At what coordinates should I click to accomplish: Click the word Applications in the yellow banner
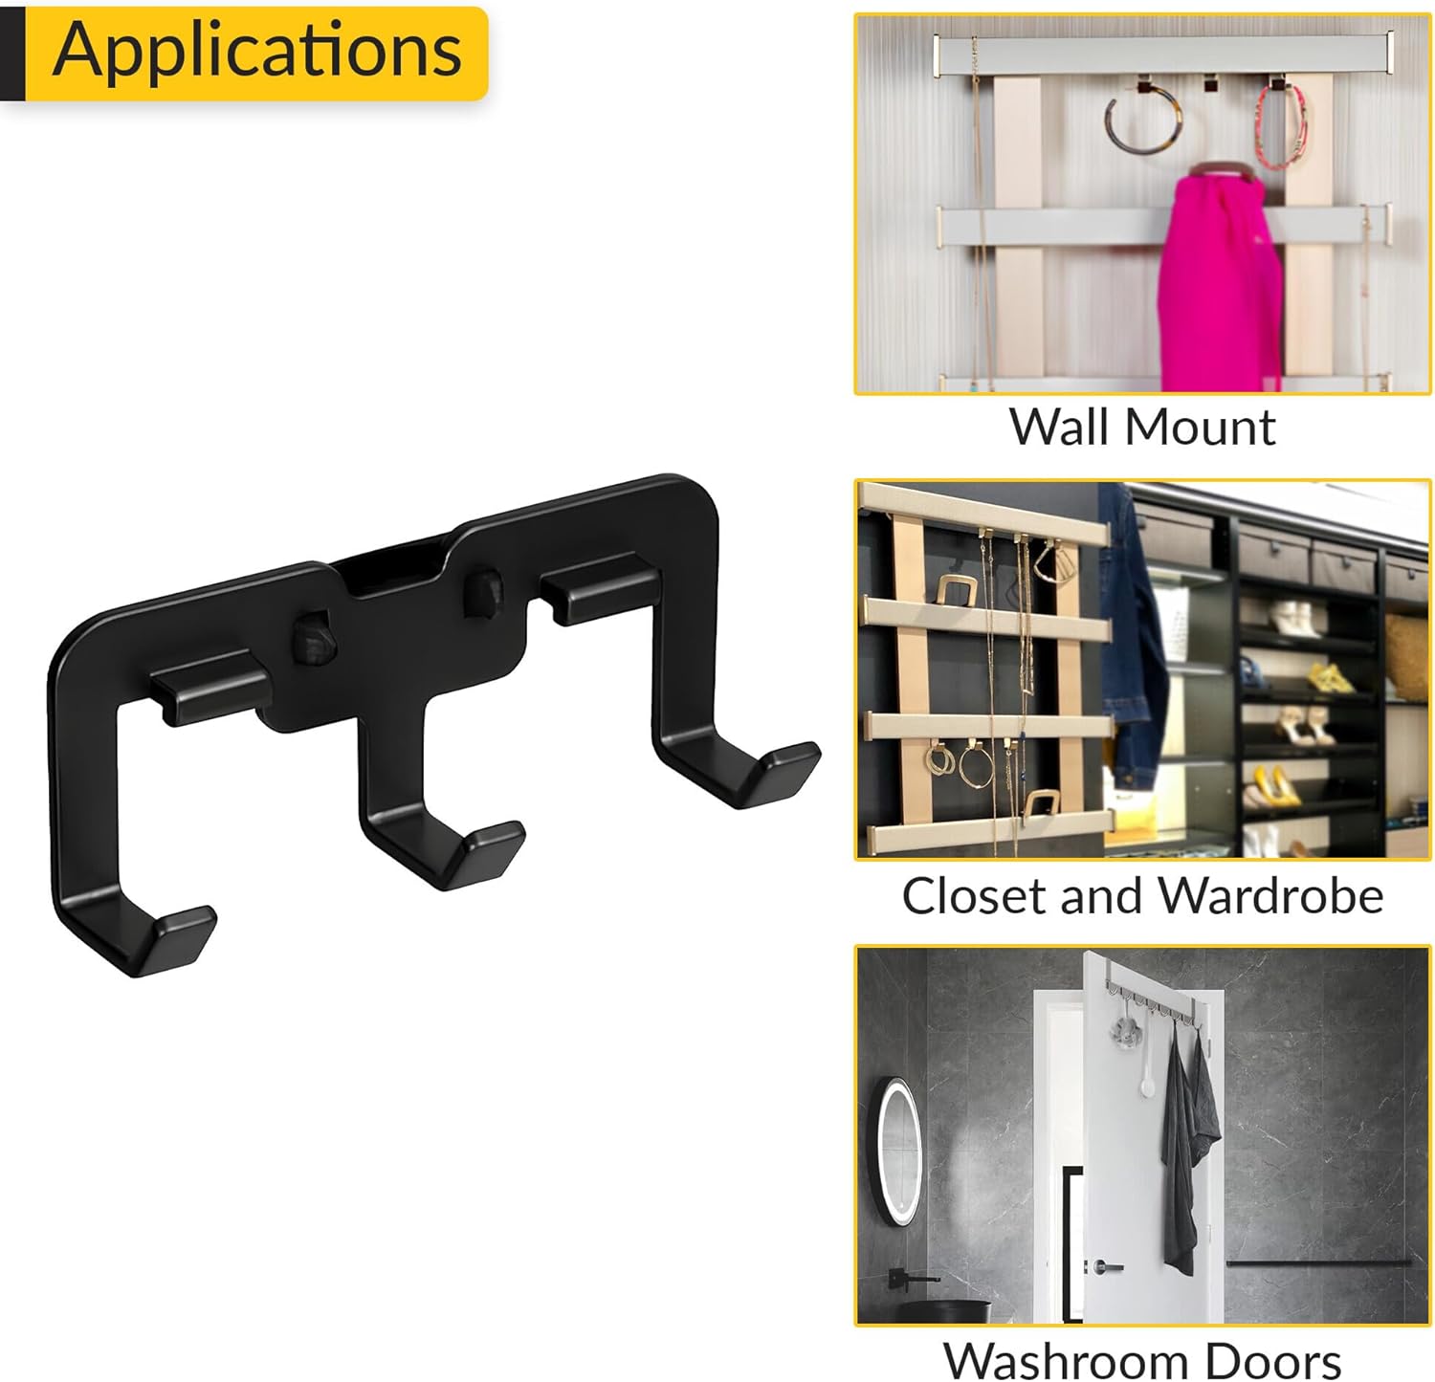[256, 50]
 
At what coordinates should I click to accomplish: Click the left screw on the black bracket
[313, 639]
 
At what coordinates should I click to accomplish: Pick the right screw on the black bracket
[484, 590]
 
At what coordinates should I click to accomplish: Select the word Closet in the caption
[974, 896]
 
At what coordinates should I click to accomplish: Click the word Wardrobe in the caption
[1271, 896]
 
